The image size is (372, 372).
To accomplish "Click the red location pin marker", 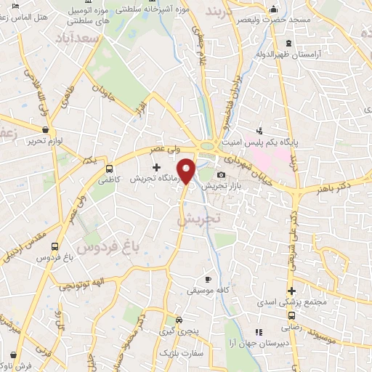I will click(x=187, y=171).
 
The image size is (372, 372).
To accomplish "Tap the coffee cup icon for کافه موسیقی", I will click(x=208, y=279).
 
